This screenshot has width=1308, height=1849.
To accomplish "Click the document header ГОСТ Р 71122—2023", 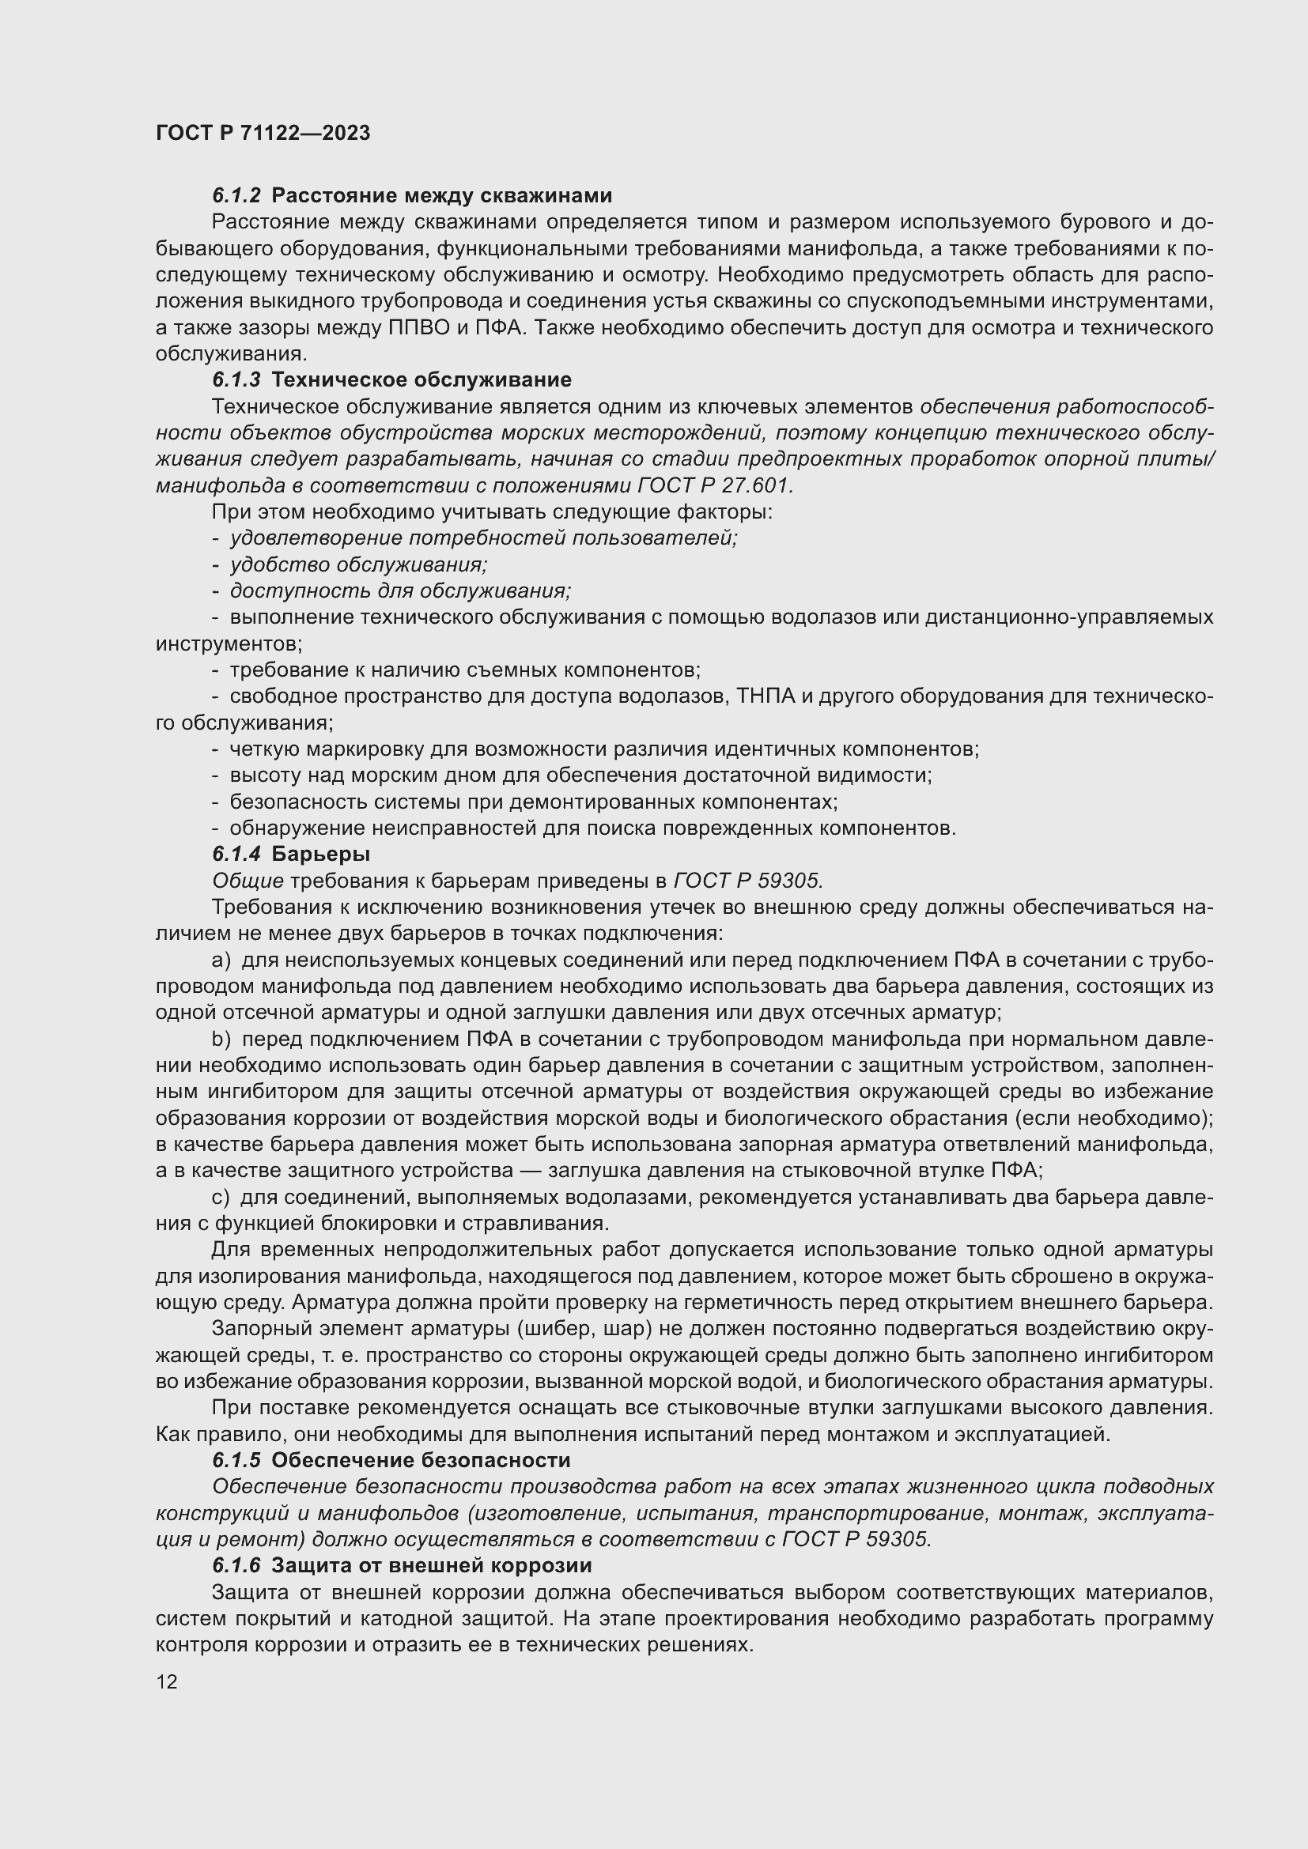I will tap(263, 133).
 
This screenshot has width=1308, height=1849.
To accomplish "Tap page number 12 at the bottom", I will tap(167, 1681).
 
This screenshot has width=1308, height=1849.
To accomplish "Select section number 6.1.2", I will tap(236, 196).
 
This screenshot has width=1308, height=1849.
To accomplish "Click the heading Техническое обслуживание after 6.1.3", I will tap(422, 379).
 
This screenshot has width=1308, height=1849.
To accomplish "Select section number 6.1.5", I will tap(236, 1460).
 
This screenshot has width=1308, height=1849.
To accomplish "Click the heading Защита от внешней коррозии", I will tap(431, 1565).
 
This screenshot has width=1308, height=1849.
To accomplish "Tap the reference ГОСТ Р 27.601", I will tap(714, 485).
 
